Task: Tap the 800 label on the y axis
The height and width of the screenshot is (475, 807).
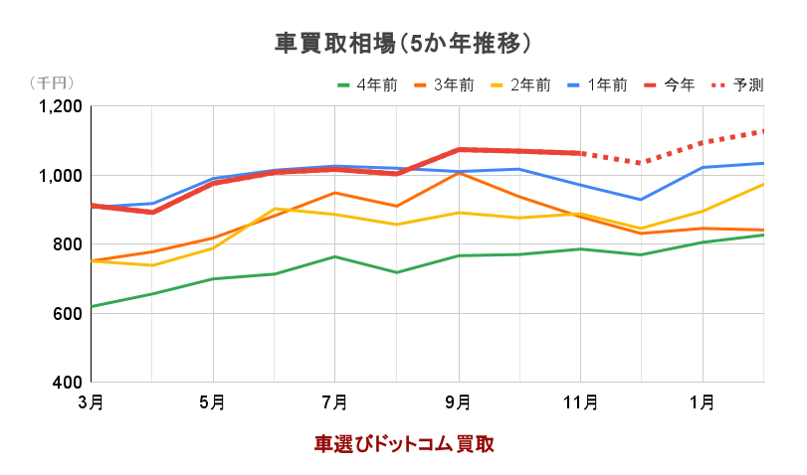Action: point(67,244)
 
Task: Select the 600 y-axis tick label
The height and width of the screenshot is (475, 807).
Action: point(67,314)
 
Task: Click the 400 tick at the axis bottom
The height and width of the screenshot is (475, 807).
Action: point(67,383)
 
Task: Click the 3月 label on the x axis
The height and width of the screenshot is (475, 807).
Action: point(91,402)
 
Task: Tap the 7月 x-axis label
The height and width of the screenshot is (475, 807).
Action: point(335,402)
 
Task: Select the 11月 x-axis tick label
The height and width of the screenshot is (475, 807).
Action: point(580,402)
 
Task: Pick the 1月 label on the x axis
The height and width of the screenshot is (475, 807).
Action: point(703,402)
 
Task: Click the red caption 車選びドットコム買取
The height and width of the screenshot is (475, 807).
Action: point(405,443)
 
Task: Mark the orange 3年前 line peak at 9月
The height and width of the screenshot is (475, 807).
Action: point(458,173)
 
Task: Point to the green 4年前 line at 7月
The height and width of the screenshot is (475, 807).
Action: point(335,256)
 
